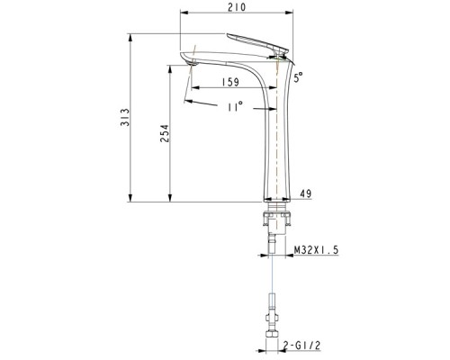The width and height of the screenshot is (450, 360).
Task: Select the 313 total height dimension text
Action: (127, 117)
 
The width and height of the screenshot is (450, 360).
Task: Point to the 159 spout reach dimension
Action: (229, 82)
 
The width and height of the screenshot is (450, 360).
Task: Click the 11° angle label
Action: (236, 107)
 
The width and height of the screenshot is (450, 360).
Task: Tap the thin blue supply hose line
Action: (270, 274)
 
